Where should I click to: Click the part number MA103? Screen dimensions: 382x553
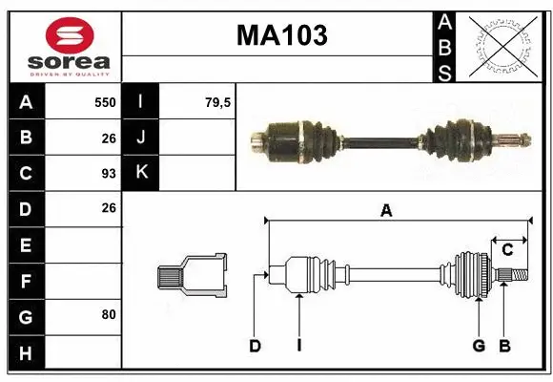pyautogui.click(x=281, y=35)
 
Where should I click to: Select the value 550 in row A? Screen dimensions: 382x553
pyautogui.click(x=105, y=102)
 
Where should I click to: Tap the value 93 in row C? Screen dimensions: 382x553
pyautogui.click(x=108, y=174)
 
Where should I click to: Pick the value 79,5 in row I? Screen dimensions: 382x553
pyautogui.click(x=218, y=102)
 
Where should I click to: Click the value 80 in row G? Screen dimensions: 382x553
pyautogui.click(x=108, y=315)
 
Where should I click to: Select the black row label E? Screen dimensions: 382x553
pyautogui.click(x=26, y=244)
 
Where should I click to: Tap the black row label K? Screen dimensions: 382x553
pyautogui.click(x=141, y=173)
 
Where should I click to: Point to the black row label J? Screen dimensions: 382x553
pyautogui.click(x=141, y=138)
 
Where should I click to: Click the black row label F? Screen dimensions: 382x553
pyautogui.click(x=26, y=281)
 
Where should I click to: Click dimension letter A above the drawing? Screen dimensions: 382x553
pyautogui.click(x=386, y=211)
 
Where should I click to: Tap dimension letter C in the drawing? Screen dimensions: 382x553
pyautogui.click(x=508, y=249)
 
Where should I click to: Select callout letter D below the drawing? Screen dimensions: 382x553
pyautogui.click(x=255, y=346)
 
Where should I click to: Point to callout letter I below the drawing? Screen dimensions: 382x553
pyautogui.click(x=298, y=346)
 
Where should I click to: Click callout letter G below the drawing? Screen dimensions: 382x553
pyautogui.click(x=479, y=346)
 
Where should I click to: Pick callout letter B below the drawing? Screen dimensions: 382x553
pyautogui.click(x=504, y=346)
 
